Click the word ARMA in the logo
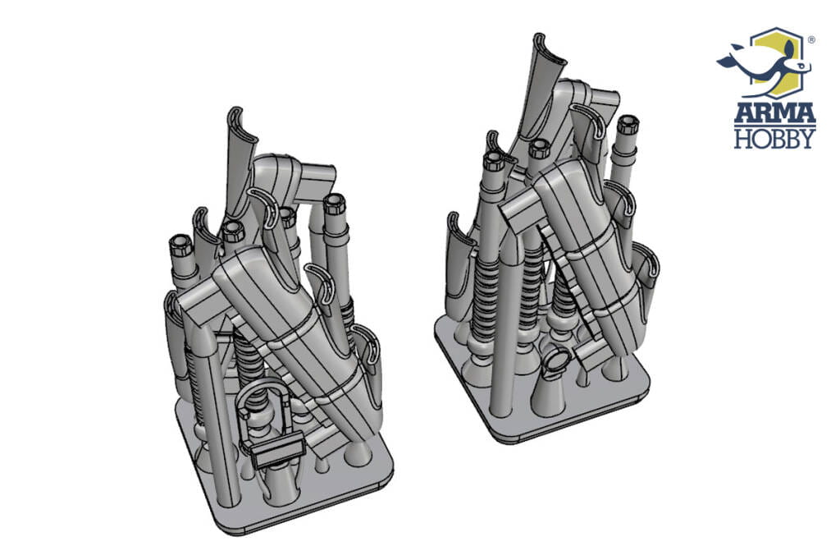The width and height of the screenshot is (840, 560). coord(774,112)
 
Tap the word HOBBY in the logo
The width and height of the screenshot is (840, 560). coord(774,138)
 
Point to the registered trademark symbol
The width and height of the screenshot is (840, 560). coord(811,39)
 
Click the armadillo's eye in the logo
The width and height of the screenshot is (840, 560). coord(800,66)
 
